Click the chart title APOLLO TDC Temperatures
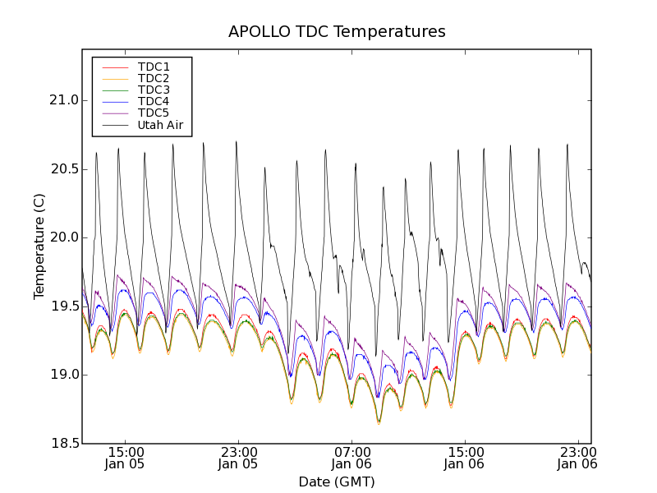pos(337,32)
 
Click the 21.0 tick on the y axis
pos(63,100)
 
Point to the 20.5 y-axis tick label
pos(63,169)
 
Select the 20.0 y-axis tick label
pos(63,237)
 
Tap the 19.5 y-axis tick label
pos(63,306)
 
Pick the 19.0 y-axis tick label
pos(63,375)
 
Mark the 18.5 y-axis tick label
pos(63,444)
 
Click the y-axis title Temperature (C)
pos(39,246)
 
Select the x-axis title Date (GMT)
pos(337,481)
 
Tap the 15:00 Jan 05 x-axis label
pos(126,458)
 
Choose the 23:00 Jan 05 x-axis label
pos(239,458)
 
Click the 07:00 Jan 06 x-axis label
pos(352,458)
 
